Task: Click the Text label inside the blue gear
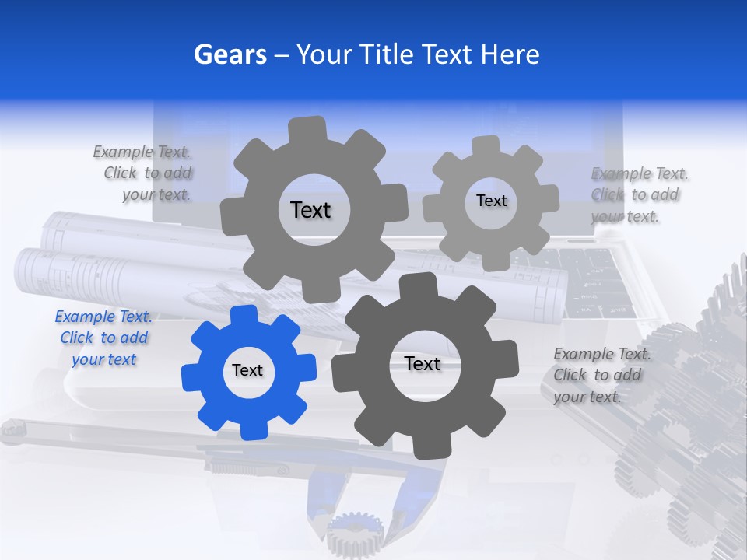247,371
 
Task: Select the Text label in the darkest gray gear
423,364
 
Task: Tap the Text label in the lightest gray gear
491,201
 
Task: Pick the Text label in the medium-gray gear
310,210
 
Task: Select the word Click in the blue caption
76,338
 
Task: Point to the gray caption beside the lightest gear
638,194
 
